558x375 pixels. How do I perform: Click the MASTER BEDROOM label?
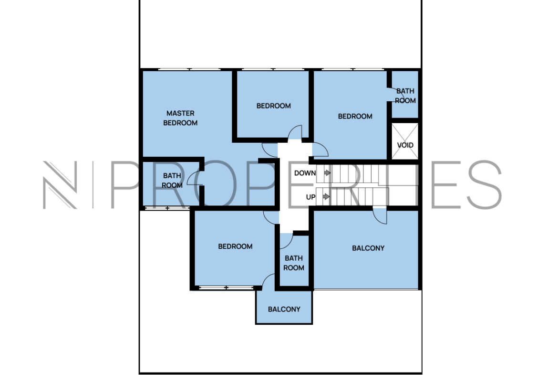(x=180, y=118)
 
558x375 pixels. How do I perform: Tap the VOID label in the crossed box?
(x=405, y=145)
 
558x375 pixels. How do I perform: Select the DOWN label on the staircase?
(x=305, y=173)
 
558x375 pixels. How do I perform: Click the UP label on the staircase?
(x=310, y=197)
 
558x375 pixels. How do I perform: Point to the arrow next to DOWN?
(x=327, y=173)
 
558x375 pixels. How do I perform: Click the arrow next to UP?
(x=326, y=196)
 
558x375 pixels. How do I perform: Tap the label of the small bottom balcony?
(x=284, y=309)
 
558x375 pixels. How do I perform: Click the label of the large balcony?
(x=368, y=248)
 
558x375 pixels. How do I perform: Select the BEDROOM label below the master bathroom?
(x=235, y=246)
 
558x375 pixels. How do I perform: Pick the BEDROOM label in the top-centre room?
(x=274, y=106)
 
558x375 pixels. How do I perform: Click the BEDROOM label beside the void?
(x=355, y=116)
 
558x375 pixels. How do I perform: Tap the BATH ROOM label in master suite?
(x=172, y=181)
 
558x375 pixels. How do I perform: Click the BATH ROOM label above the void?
(x=405, y=96)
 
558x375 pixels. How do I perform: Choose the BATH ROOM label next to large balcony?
(x=294, y=263)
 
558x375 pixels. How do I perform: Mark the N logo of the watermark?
(x=60, y=185)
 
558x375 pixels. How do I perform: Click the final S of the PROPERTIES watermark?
(x=485, y=184)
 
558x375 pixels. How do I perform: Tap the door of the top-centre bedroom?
(x=295, y=132)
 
